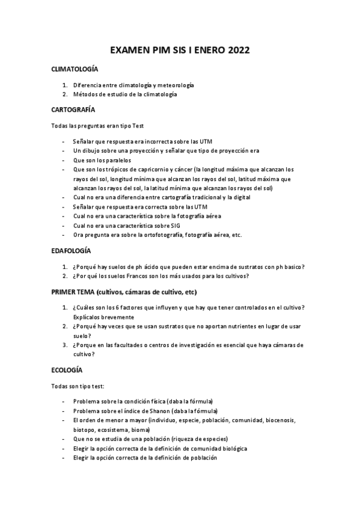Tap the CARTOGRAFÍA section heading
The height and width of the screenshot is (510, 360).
point(73,110)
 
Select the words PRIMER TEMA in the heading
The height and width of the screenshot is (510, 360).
point(73,292)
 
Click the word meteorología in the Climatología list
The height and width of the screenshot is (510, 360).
point(177,85)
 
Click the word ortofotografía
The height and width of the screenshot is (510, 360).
point(156,235)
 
